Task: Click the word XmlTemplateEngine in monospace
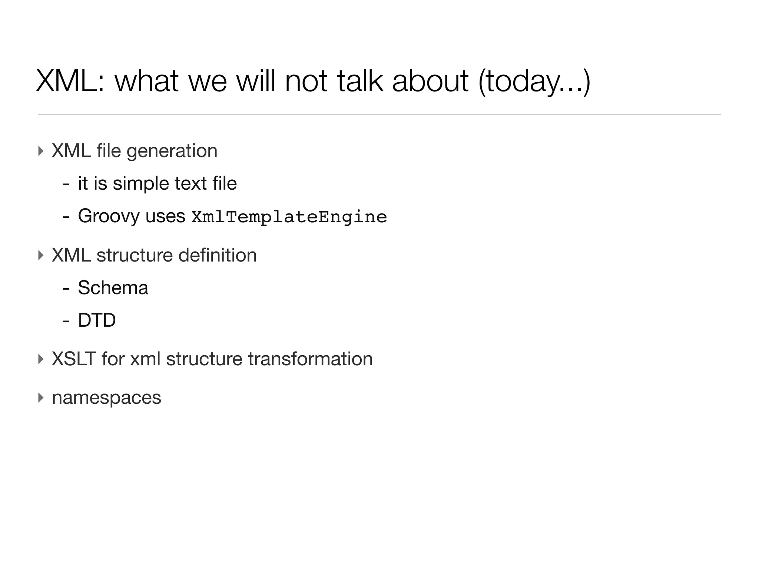[x=289, y=217]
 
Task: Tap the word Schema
[x=113, y=288]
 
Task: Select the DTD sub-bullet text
[x=97, y=320]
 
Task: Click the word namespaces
[x=106, y=398]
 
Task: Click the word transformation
[x=310, y=359]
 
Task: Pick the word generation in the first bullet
[x=172, y=151]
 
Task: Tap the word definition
[x=217, y=255]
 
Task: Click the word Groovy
[x=109, y=216]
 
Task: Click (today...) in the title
[x=534, y=81]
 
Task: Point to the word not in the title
[x=306, y=81]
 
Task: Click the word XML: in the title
[x=70, y=81]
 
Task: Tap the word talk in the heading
[x=359, y=81]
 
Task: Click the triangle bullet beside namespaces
[x=41, y=398]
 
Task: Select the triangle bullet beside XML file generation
[x=41, y=151]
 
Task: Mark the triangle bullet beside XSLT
[x=41, y=359]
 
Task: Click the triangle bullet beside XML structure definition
[x=41, y=255]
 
